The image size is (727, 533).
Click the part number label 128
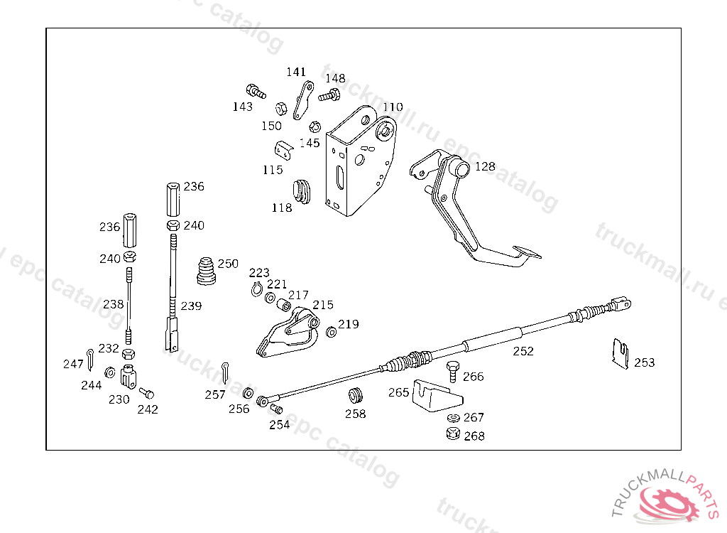click(x=485, y=166)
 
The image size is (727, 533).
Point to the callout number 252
click(x=523, y=351)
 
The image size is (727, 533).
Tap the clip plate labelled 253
click(x=621, y=354)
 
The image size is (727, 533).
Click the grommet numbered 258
click(x=355, y=395)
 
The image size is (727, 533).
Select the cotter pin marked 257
click(x=225, y=370)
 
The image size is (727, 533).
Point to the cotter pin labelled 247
click(x=91, y=360)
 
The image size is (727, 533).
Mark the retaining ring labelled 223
click(x=257, y=287)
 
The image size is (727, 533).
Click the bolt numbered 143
click(x=255, y=91)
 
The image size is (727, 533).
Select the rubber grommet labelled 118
click(x=302, y=190)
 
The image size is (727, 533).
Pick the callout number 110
click(x=393, y=107)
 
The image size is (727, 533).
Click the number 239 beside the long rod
click(x=191, y=306)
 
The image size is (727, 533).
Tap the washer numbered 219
click(x=331, y=332)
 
